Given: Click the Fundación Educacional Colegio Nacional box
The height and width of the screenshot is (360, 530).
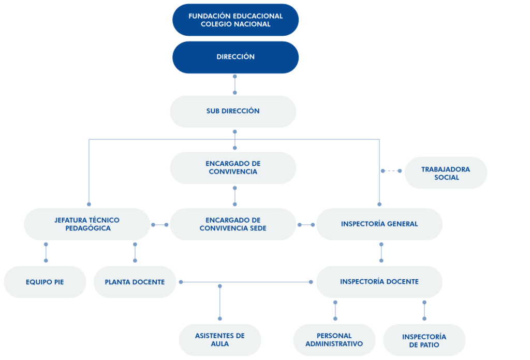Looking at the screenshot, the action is pyautogui.click(x=235, y=20).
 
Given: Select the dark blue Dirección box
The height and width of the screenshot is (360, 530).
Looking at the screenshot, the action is pyautogui.click(x=235, y=57).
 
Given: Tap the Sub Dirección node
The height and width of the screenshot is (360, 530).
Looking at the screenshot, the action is pyautogui.click(x=233, y=111).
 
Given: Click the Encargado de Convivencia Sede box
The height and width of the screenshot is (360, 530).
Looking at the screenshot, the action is pyautogui.click(x=233, y=224).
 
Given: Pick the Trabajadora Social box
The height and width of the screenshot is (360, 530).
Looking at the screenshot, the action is pyautogui.click(x=446, y=173).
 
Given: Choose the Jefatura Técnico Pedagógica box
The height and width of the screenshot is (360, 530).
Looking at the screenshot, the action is pyautogui.click(x=87, y=224).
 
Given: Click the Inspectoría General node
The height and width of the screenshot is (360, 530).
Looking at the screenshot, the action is pyautogui.click(x=379, y=224).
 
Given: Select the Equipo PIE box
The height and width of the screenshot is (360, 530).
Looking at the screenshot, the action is pyautogui.click(x=45, y=282).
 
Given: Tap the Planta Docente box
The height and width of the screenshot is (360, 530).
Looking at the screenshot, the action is pyautogui.click(x=135, y=282).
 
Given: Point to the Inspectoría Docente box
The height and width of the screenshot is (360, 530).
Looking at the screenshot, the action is pyautogui.click(x=379, y=282).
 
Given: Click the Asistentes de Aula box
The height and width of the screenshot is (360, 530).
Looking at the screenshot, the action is pyautogui.click(x=220, y=340).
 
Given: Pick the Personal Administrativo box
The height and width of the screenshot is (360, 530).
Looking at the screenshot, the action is pyautogui.click(x=334, y=340).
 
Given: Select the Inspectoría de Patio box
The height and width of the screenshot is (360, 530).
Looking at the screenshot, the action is pyautogui.click(x=424, y=340).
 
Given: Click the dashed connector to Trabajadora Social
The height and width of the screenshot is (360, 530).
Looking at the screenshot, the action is pyautogui.click(x=391, y=171).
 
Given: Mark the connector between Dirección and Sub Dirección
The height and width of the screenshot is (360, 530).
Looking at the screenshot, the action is pyautogui.click(x=235, y=84).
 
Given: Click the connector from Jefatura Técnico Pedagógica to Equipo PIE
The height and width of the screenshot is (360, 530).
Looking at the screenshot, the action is pyautogui.click(x=46, y=252).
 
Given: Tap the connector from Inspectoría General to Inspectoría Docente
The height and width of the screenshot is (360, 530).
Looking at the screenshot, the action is pyautogui.click(x=381, y=252).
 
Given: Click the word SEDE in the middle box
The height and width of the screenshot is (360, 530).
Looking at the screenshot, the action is pyautogui.click(x=258, y=228).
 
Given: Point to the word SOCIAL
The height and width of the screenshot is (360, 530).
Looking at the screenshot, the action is pyautogui.click(x=447, y=178).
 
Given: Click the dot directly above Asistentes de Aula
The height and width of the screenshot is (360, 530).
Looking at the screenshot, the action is pyautogui.click(x=219, y=319).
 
